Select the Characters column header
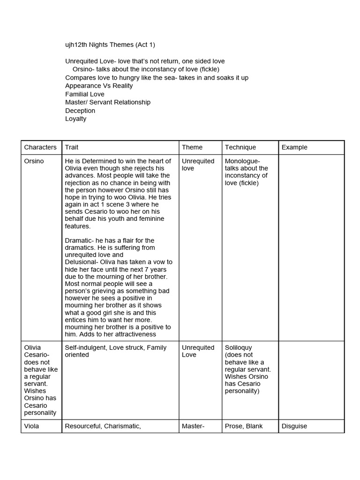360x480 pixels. point(40,147)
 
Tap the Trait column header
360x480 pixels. point(72,147)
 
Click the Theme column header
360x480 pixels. point(192,147)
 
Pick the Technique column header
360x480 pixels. point(240,147)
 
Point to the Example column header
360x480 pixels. point(294,147)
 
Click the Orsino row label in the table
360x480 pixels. point(34,161)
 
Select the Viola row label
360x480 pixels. point(32,426)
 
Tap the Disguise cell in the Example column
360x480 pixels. point(294,426)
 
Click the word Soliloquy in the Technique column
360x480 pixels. point(238,348)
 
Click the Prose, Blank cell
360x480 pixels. point(244,426)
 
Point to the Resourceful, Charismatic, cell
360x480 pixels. point(103,426)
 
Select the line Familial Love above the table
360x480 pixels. point(85,94)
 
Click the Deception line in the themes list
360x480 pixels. point(80,111)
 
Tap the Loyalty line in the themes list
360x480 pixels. point(76,119)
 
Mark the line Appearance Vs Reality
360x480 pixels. point(99,86)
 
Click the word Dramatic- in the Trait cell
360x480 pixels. point(79,240)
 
